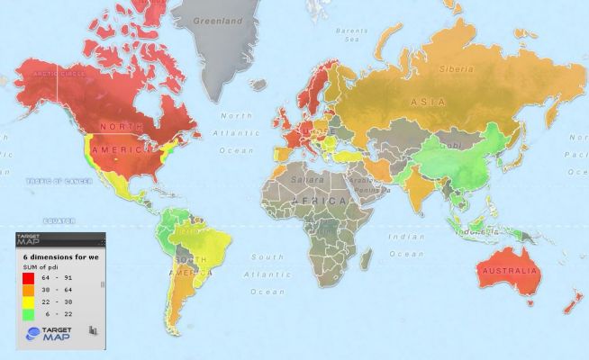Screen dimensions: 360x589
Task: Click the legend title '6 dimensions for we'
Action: (58, 257)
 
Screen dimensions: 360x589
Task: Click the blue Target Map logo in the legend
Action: (33, 333)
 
